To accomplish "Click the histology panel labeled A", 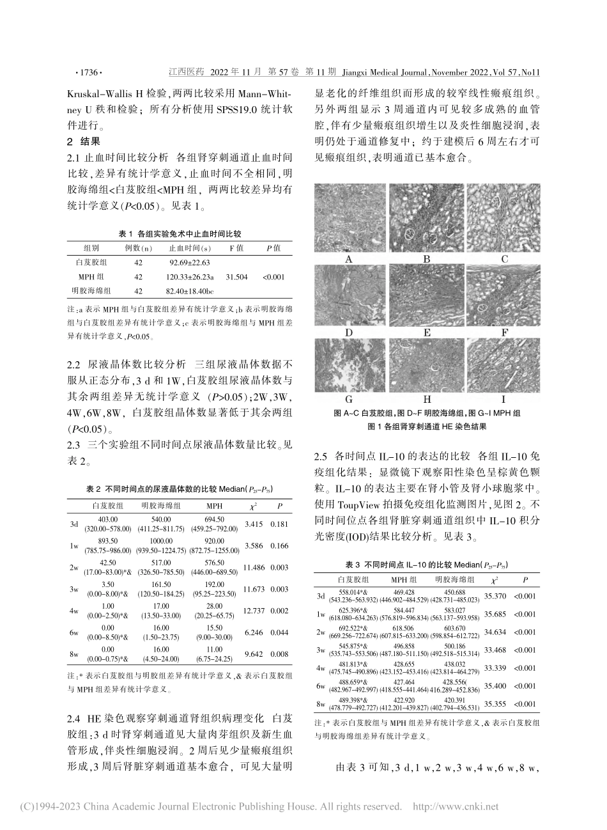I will (350, 219).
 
